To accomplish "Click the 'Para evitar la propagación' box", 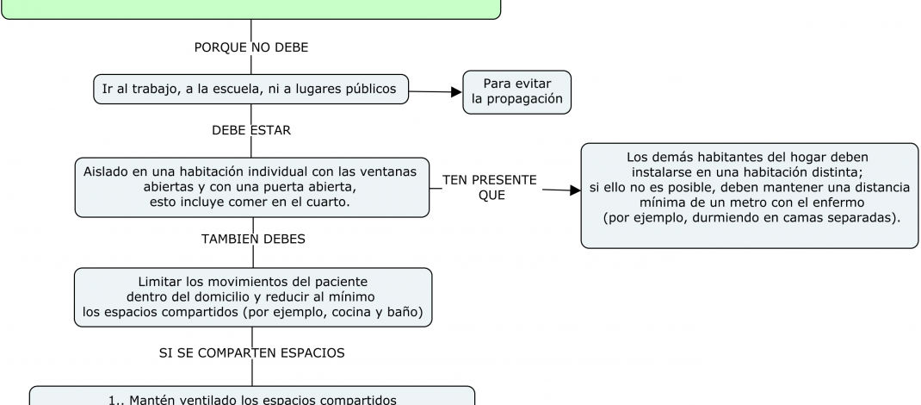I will click(516, 91).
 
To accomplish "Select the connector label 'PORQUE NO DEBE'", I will click(251, 47).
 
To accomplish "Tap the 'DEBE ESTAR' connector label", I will click(251, 131).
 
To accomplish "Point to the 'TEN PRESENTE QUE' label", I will click(489, 187).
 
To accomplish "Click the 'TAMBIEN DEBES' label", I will click(252, 239).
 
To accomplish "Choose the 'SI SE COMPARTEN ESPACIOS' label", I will click(252, 353).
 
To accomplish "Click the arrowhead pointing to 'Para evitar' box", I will click(456, 91).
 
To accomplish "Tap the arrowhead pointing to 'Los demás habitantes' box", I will click(575, 190).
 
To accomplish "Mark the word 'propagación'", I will click(516, 99).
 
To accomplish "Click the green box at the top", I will click(250, 9).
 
